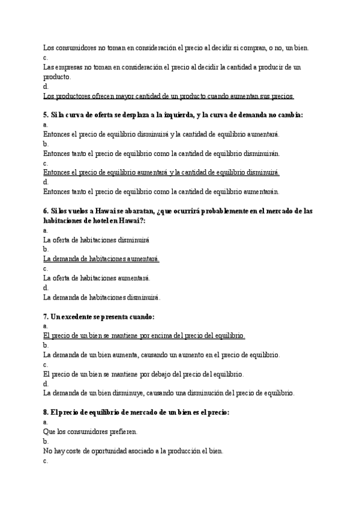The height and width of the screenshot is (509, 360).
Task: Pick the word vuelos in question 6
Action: pyautogui.click(x=75, y=211)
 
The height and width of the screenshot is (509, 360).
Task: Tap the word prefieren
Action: pyautogui.click(x=122, y=432)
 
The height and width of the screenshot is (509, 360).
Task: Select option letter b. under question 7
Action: pyautogui.click(x=46, y=345)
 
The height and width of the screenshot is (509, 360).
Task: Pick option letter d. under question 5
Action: pyautogui.click(x=46, y=182)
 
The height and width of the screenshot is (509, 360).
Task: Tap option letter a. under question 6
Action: pyautogui.click(x=46, y=230)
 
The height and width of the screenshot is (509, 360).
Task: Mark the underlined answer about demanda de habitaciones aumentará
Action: pyautogui.click(x=101, y=259)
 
